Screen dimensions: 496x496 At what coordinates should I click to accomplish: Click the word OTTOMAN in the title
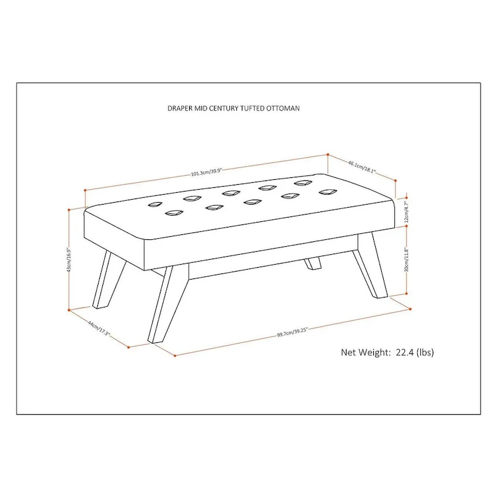(283, 108)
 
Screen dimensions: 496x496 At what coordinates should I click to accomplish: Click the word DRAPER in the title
(180, 108)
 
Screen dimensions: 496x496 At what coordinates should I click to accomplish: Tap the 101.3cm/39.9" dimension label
(207, 172)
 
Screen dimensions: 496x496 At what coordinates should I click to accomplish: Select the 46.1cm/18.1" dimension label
(362, 167)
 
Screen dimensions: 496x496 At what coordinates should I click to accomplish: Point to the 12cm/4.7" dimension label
(407, 211)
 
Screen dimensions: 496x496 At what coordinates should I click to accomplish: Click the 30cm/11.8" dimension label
(407, 260)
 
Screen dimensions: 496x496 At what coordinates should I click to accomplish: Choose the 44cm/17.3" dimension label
(99, 329)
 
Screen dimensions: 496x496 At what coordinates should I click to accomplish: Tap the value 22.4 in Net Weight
(405, 352)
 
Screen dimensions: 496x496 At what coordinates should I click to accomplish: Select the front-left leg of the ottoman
(161, 304)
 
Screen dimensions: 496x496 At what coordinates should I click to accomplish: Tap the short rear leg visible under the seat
(312, 263)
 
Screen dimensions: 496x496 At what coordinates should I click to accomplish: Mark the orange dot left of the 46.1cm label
(328, 154)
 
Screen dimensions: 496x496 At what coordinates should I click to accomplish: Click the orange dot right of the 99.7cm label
(410, 309)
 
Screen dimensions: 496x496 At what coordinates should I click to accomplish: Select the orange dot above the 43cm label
(69, 210)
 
